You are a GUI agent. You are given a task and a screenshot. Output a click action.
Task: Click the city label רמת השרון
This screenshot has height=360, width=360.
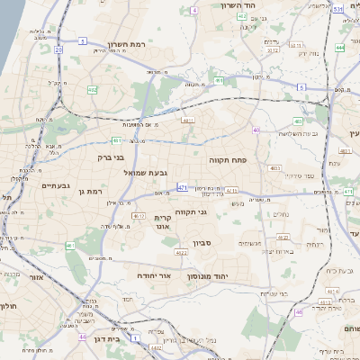126,44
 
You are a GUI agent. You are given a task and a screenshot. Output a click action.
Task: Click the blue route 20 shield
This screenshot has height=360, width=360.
58,50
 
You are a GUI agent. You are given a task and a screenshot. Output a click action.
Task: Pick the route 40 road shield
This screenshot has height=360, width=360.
256,130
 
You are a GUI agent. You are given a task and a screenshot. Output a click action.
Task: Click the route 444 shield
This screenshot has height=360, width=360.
339,47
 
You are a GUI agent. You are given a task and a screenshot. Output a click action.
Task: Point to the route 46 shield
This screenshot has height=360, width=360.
82,337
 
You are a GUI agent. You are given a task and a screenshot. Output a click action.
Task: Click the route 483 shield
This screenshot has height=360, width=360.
298,121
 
